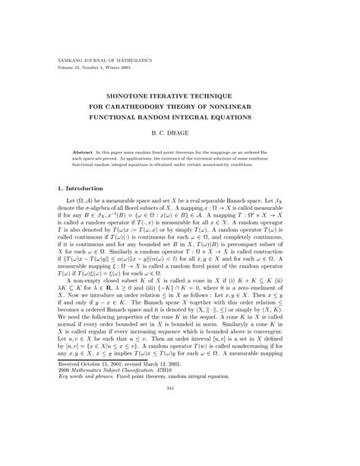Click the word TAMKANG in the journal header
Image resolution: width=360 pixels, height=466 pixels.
(x=70, y=59)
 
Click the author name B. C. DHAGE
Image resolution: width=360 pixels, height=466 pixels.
(x=180, y=133)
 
